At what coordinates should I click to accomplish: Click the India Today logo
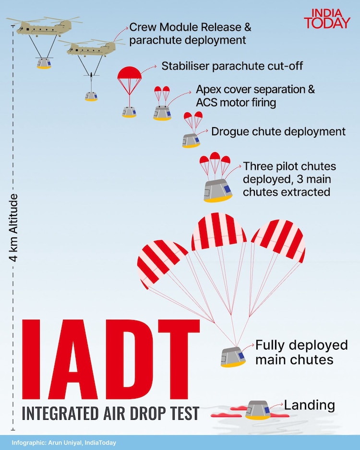point(327,18)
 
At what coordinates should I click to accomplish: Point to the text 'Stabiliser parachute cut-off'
point(232,66)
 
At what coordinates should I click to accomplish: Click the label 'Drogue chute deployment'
point(278,131)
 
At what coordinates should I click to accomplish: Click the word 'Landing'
point(310,405)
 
